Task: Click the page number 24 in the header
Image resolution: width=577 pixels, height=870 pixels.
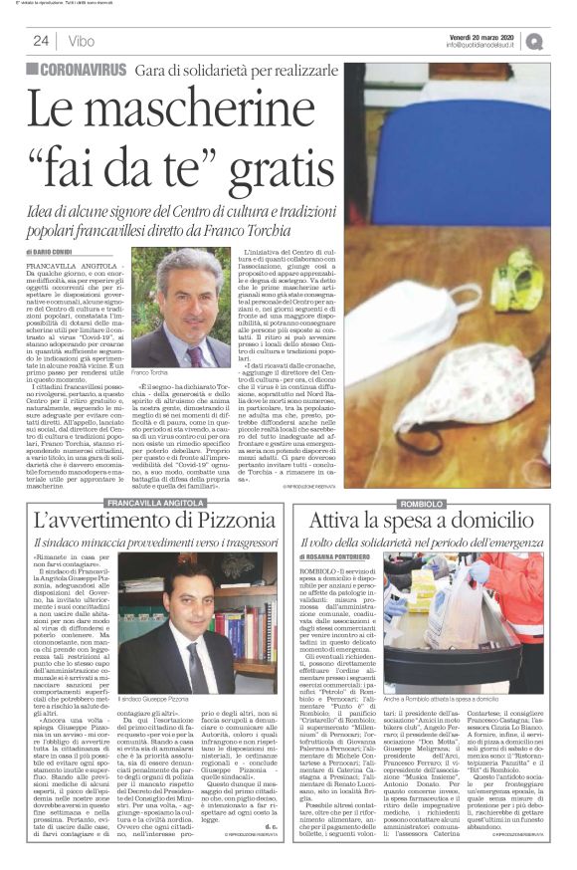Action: coord(41,40)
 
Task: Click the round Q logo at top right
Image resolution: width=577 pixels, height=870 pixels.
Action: coord(562,41)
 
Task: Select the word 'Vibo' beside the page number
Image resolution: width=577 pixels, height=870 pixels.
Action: coord(80,41)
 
